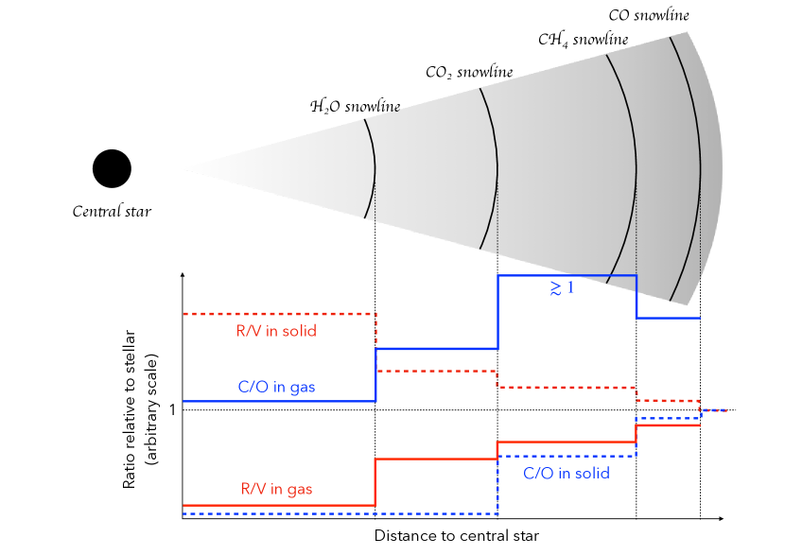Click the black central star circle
pyautogui.click(x=112, y=169)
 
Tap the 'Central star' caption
pyautogui.click(x=112, y=211)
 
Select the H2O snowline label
pyautogui.click(x=355, y=106)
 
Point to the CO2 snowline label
pyautogui.click(x=469, y=72)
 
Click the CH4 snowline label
pyautogui.click(x=583, y=40)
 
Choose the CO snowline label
pyautogui.click(x=648, y=15)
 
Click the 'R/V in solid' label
pyautogui.click(x=276, y=331)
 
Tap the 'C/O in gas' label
pyautogui.click(x=276, y=387)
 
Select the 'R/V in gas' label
pyautogui.click(x=276, y=489)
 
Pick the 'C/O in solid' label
pyautogui.click(x=566, y=473)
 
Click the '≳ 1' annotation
pyautogui.click(x=562, y=288)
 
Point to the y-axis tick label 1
pyautogui.click(x=172, y=410)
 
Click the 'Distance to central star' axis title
pyautogui.click(x=456, y=536)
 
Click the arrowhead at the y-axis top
pyautogui.click(x=183, y=275)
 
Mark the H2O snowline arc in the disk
pyautogui.click(x=375, y=170)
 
